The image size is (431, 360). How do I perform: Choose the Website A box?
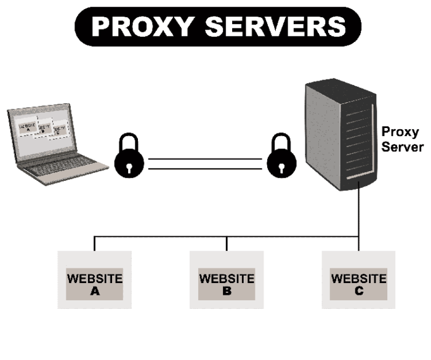click(x=94, y=279)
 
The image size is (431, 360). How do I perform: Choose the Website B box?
click(x=227, y=279)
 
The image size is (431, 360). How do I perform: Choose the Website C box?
click(x=358, y=279)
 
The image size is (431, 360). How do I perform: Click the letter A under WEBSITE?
click(x=95, y=291)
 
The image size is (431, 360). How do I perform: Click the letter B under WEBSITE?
click(x=227, y=291)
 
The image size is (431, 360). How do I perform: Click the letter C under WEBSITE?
click(x=359, y=291)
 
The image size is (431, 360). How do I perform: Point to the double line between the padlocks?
click(x=205, y=163)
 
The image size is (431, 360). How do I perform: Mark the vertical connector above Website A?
click(x=94, y=243)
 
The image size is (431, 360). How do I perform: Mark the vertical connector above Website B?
click(x=227, y=243)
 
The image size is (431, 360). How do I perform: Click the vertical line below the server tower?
click(x=358, y=212)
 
